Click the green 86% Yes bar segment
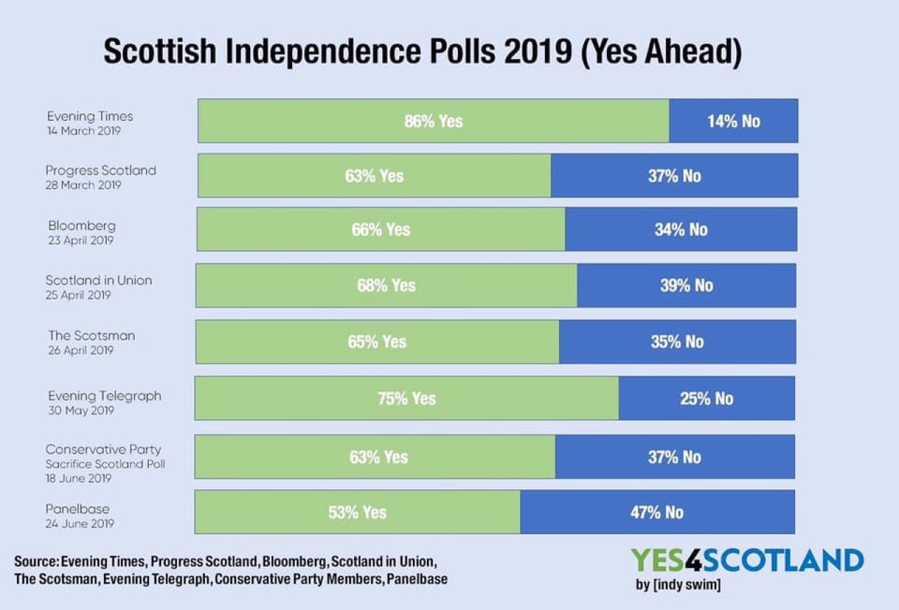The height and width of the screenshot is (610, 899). click(x=433, y=121)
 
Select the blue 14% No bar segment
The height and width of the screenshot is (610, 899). click(x=733, y=121)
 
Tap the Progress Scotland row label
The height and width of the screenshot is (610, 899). click(x=101, y=171)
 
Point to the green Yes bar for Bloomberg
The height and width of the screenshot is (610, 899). click(x=381, y=230)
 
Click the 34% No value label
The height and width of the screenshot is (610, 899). click(x=681, y=230)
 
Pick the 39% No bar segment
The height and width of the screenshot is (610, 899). click(x=686, y=286)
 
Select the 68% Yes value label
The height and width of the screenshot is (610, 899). click(x=386, y=286)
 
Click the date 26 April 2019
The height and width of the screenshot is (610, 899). click(x=79, y=350)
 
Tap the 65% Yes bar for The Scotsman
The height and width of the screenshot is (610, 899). click(x=377, y=342)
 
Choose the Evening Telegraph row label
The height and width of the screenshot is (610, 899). click(x=105, y=396)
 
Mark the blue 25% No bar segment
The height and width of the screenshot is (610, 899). click(x=707, y=399)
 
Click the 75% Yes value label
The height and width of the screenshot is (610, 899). click(x=407, y=399)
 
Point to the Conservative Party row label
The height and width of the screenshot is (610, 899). click(x=103, y=449)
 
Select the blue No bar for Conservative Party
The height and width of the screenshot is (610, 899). click(x=675, y=457)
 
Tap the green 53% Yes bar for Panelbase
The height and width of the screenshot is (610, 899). click(x=357, y=512)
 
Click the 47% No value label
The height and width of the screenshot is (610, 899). click(x=657, y=512)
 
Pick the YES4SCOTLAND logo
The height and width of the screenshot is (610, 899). click(x=747, y=561)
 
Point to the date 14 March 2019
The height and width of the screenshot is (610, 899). click(x=84, y=131)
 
